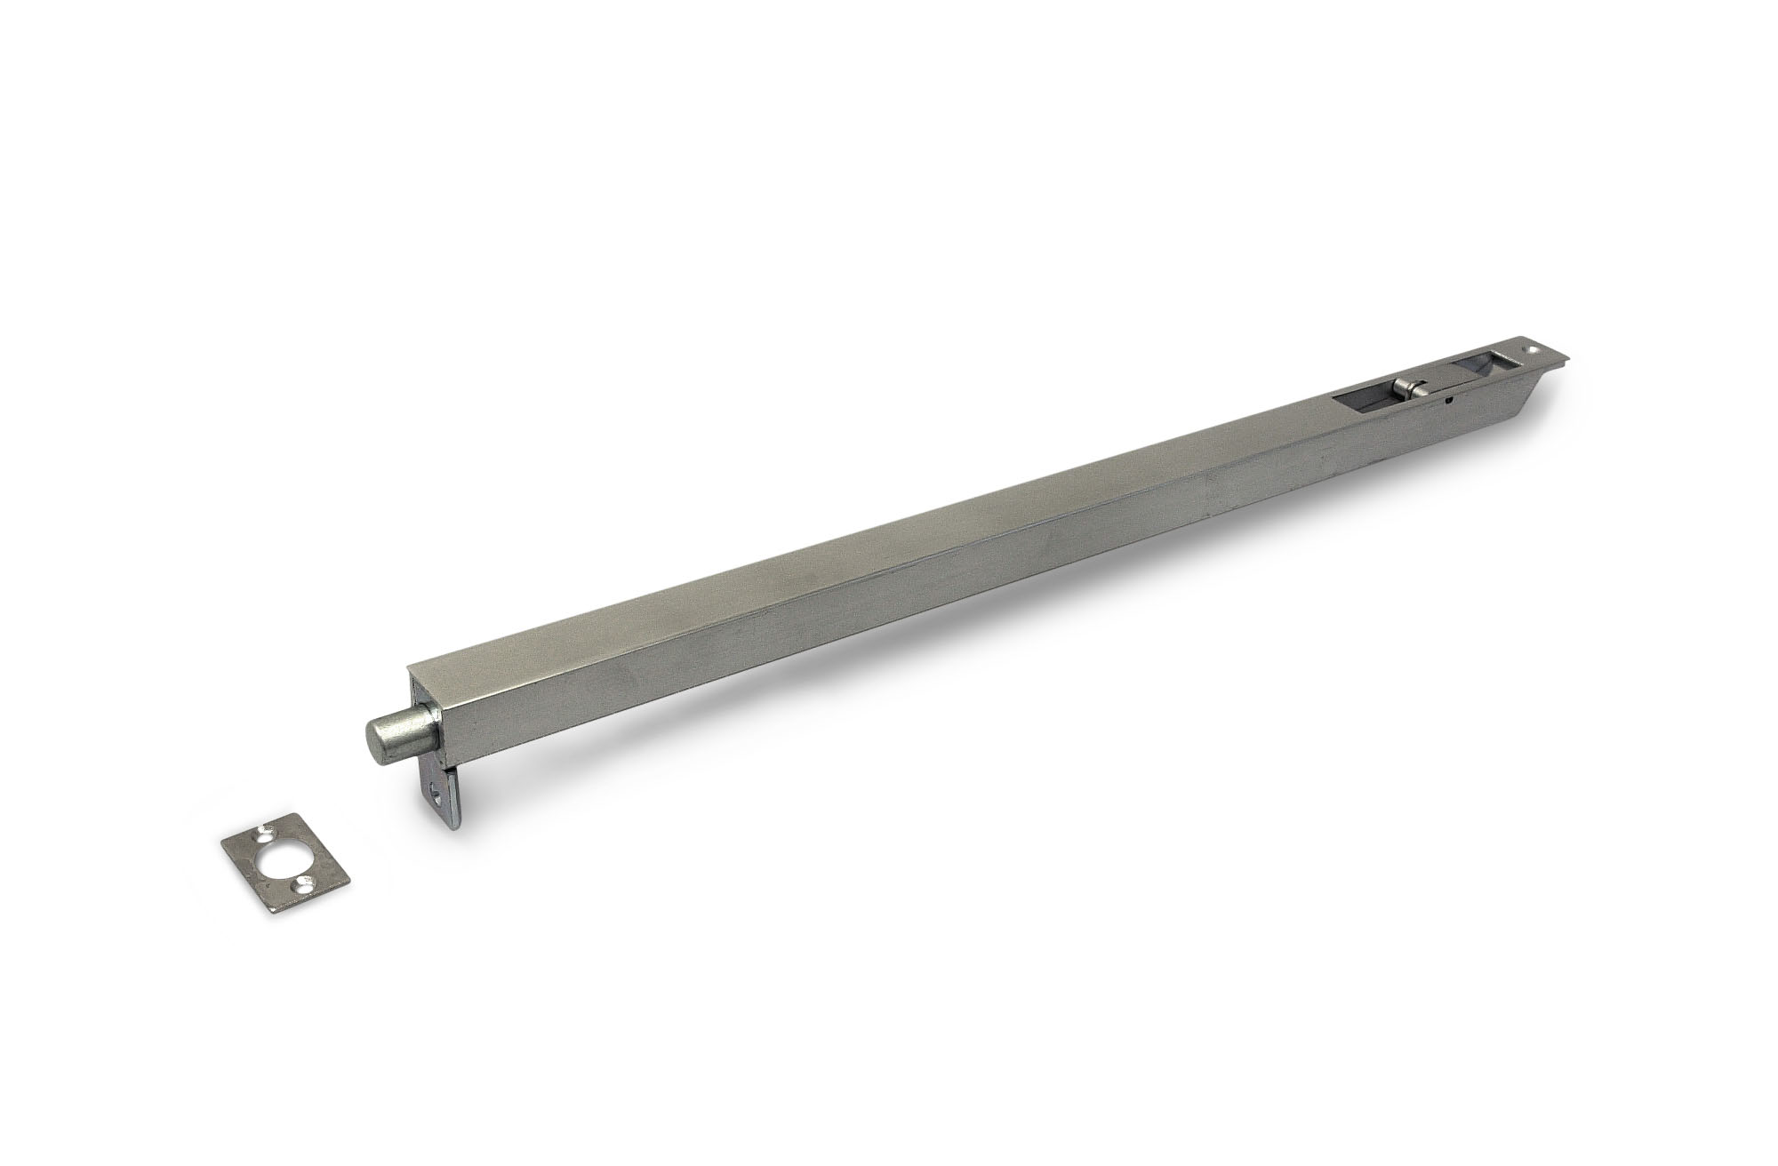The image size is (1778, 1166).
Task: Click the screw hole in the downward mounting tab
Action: click(436, 794)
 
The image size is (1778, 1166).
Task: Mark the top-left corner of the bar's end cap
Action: click(408, 667)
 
